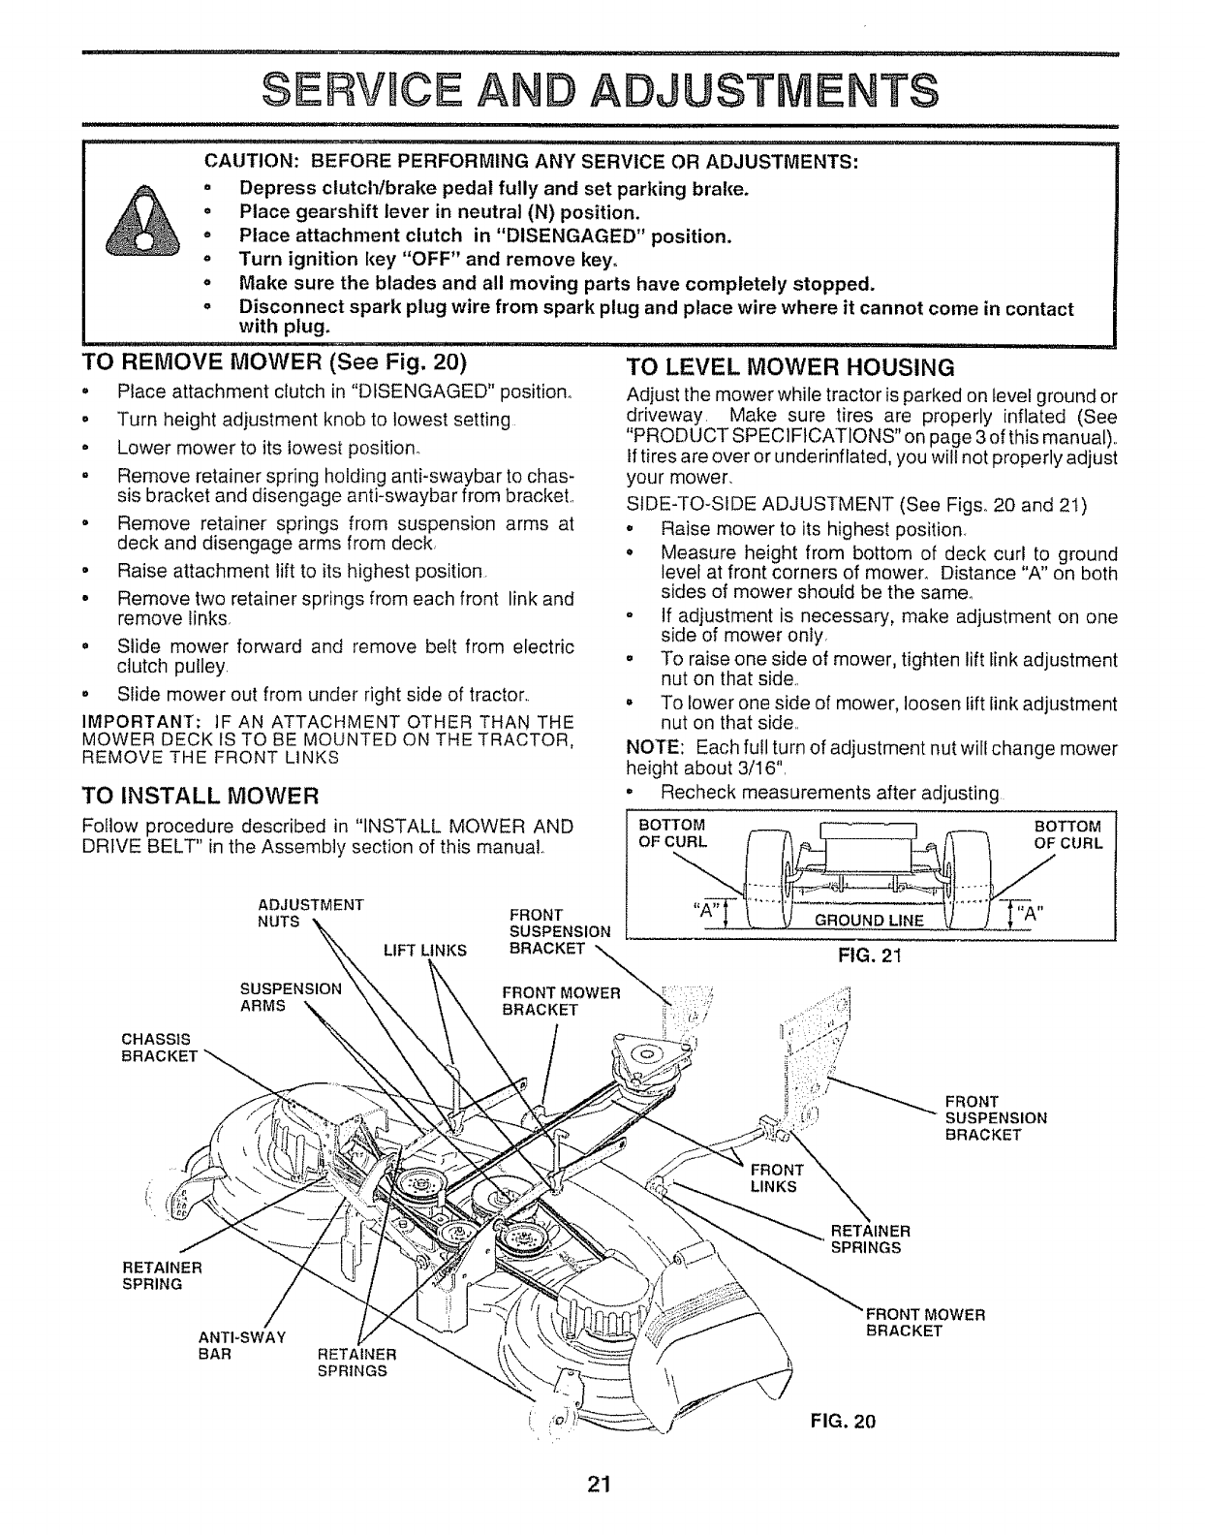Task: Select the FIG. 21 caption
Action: [870, 957]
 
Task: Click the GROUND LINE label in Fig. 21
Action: [870, 920]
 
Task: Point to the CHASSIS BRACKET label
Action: [158, 1047]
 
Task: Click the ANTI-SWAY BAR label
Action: [241, 1344]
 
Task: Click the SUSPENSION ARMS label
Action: [291, 997]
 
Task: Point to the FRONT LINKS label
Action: [777, 1177]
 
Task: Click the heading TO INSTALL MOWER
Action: [200, 797]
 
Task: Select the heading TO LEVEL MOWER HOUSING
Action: [790, 367]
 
